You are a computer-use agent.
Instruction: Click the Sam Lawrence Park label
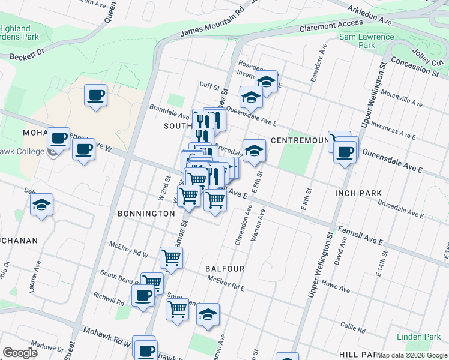pos(367,41)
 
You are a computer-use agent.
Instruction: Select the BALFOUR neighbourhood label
pos(224,269)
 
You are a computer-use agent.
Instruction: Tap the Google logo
pos(20,352)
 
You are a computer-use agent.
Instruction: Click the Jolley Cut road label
pos(426,55)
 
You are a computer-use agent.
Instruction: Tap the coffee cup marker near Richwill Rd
pos(143,295)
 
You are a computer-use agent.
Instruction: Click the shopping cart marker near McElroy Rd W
pos(172,257)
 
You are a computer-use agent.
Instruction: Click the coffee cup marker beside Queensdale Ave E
pos(345,151)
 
